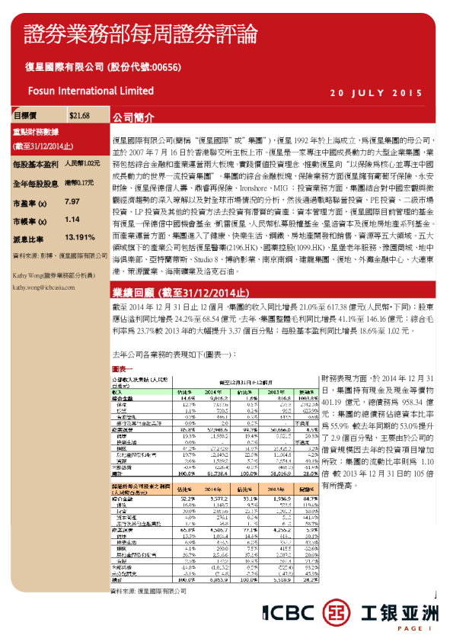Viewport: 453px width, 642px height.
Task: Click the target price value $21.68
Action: tap(79, 116)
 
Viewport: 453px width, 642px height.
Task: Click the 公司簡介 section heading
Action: tap(134, 119)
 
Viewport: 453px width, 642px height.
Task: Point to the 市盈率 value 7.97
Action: tap(72, 201)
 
